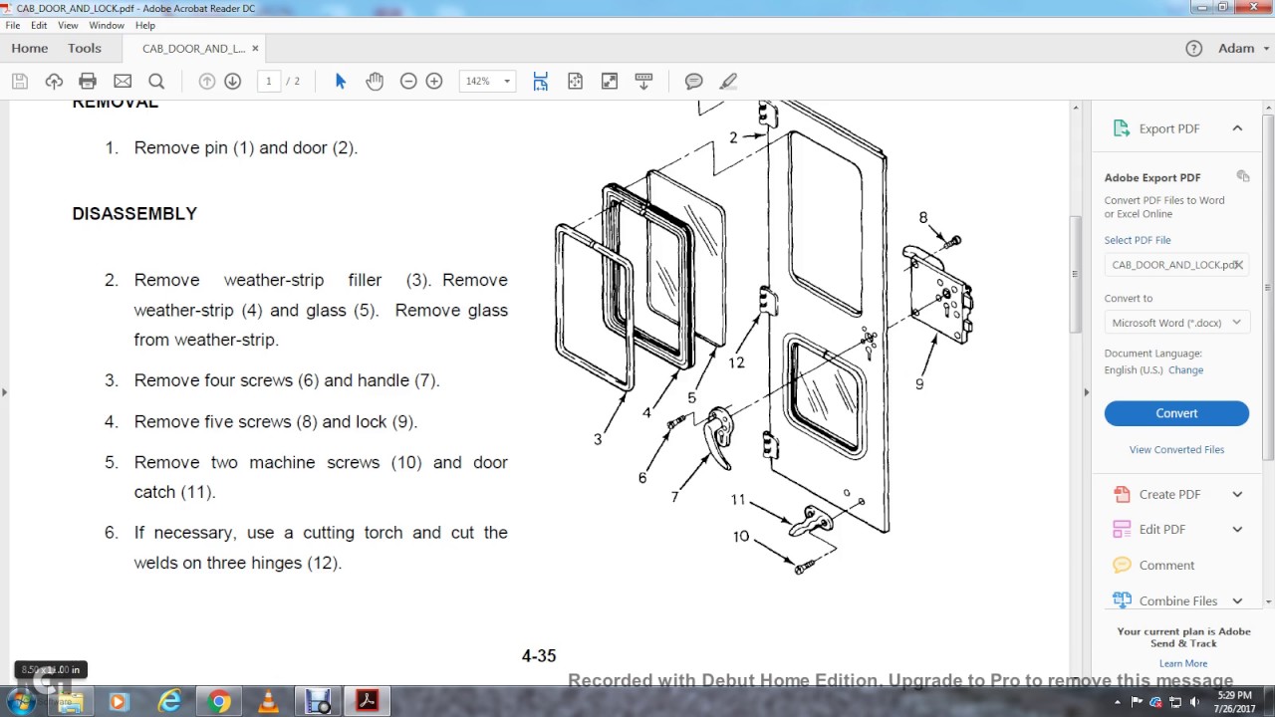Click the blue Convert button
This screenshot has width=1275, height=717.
pos(1175,413)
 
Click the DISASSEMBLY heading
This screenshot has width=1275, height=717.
pos(134,213)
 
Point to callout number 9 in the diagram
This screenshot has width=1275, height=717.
pos(919,384)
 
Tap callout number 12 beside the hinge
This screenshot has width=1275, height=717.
pos(736,362)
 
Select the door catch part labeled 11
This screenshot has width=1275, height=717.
pos(813,521)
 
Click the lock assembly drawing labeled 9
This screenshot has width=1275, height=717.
pos(941,294)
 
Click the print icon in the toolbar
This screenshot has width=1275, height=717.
pos(88,81)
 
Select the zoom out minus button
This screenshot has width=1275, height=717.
pos(408,81)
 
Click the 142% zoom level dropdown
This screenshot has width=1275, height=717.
pos(487,81)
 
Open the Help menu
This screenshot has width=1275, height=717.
pos(144,25)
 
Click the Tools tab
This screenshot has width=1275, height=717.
pos(85,48)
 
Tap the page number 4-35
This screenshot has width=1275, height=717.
pos(539,655)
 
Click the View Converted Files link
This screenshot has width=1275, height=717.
pos(1176,449)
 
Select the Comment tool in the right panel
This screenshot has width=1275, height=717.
pos(1166,565)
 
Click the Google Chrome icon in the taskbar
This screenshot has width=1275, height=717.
pos(219,701)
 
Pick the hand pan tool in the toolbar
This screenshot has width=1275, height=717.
pos(375,81)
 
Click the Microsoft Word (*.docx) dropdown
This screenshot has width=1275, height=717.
pos(1176,323)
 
